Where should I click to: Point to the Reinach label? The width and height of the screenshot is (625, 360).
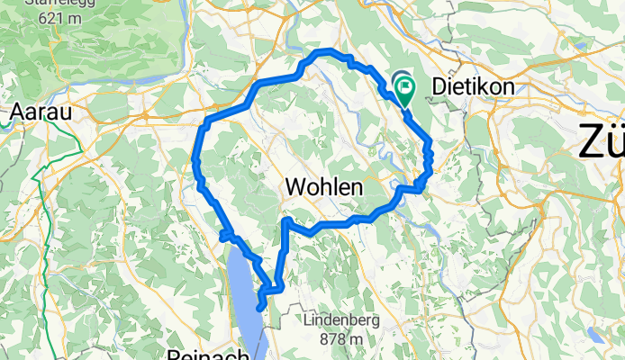pyautogui.click(x=208, y=355)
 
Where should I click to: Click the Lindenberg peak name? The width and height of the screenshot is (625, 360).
pyautogui.click(x=341, y=320)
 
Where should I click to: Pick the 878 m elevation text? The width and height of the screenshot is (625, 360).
pyautogui.click(x=341, y=338)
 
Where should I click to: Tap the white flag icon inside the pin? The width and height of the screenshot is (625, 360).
pyautogui.click(x=405, y=88)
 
